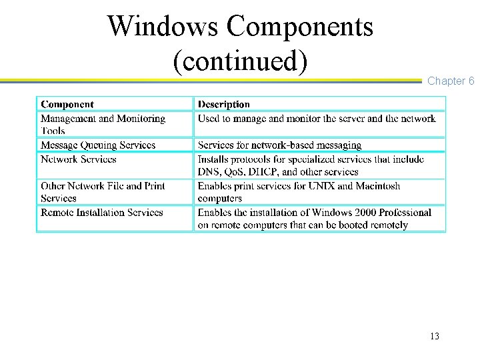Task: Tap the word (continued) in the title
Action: (x=240, y=61)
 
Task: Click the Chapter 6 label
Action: (x=451, y=81)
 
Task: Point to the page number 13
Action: (x=435, y=336)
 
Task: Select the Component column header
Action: (x=67, y=104)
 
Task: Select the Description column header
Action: (x=224, y=104)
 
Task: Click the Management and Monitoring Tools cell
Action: (x=103, y=125)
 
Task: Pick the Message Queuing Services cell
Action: (x=98, y=145)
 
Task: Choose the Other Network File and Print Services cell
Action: (x=103, y=192)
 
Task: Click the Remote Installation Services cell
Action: (x=101, y=213)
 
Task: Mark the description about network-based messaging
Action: (x=279, y=145)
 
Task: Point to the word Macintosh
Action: (x=378, y=186)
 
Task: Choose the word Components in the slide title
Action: (x=299, y=26)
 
